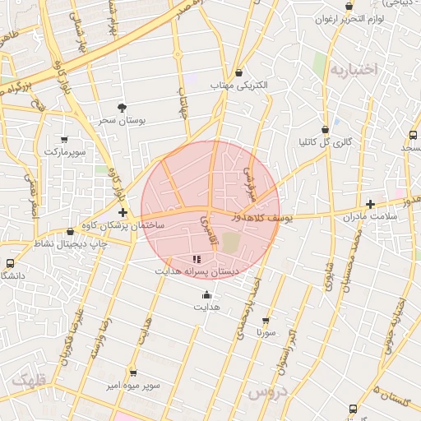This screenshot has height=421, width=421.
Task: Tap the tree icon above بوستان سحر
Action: point(123,108)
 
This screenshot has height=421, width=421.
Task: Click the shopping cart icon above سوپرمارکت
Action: point(64,140)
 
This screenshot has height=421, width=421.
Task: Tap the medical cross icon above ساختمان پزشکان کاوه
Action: point(123,212)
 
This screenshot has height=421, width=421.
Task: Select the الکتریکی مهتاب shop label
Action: point(238,85)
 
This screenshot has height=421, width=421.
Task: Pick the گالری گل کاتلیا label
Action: point(326,141)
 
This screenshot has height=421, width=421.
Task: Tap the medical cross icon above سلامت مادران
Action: point(370,204)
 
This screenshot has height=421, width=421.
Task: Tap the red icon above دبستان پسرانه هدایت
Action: point(195,259)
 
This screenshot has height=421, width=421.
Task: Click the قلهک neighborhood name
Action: point(29,381)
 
